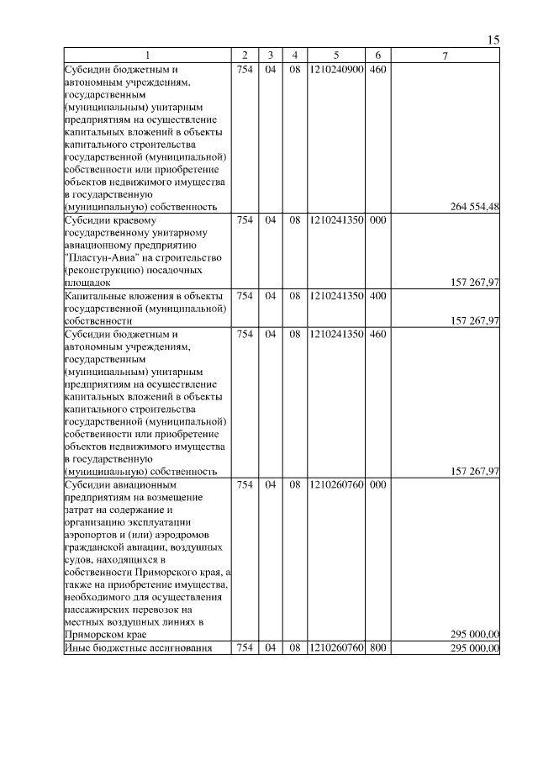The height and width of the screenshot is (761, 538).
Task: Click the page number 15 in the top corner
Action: pos(493,40)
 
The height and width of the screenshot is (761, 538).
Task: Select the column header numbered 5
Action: pos(335,55)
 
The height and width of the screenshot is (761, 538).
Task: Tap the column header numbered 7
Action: pos(446,55)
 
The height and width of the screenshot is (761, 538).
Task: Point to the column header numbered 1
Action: pos(147,55)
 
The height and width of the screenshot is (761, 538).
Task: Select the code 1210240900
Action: pos(336,69)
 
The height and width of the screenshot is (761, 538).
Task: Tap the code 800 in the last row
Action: pos(377,647)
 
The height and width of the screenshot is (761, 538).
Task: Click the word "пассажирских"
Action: pos(98,608)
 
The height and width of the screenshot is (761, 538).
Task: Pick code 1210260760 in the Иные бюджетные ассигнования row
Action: pos(336,647)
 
